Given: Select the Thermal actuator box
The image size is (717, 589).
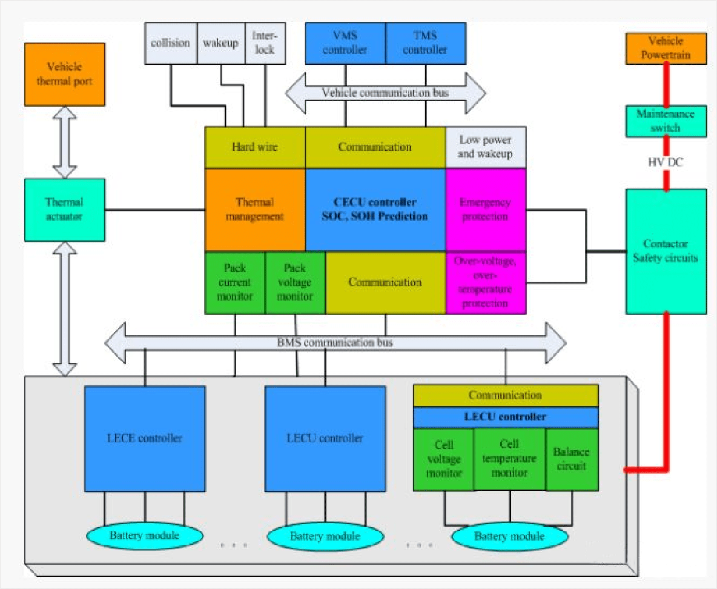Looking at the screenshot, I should pyautogui.click(x=64, y=209).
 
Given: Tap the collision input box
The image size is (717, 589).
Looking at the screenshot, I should pyautogui.click(x=171, y=43).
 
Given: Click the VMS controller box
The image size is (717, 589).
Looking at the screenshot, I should pyautogui.click(x=345, y=43).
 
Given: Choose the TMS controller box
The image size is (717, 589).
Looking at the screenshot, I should pyautogui.click(x=425, y=43).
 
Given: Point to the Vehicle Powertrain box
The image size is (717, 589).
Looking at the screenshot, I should pyautogui.click(x=666, y=48).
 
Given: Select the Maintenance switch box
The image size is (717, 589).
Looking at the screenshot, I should pyautogui.click(x=666, y=121).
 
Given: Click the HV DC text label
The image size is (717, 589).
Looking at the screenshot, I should pyautogui.click(x=666, y=162).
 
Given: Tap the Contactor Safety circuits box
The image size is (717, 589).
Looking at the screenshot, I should pyautogui.click(x=666, y=251).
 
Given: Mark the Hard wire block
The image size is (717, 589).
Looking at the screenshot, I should pyautogui.click(x=255, y=147).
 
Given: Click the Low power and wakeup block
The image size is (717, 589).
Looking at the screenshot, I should pyautogui.click(x=486, y=147).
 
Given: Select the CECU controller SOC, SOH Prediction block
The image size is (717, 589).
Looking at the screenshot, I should pyautogui.click(x=375, y=210).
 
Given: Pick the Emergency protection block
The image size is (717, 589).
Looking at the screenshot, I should pyautogui.click(x=486, y=210).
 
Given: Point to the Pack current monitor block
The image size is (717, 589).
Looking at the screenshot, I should pyautogui.click(x=235, y=282).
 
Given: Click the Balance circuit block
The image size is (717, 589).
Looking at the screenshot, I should pyautogui.click(x=572, y=459).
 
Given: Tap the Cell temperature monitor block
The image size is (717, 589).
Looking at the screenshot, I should pyautogui.click(x=509, y=459).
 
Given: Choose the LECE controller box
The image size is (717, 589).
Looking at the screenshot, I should pyautogui.click(x=145, y=438).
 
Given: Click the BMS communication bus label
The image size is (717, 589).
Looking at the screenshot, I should pyautogui.click(x=335, y=343).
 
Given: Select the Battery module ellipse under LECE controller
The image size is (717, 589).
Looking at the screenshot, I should pyautogui.click(x=144, y=536).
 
